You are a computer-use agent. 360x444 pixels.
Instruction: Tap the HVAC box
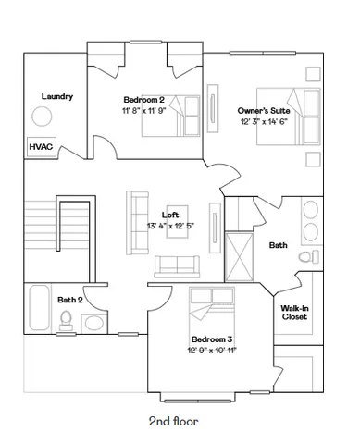click(41, 146)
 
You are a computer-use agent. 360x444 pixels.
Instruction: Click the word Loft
click(170, 215)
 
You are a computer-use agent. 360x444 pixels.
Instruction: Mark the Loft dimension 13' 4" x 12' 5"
click(170, 226)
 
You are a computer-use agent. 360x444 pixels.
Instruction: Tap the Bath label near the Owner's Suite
click(278, 245)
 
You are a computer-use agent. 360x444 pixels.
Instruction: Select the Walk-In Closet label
click(294, 313)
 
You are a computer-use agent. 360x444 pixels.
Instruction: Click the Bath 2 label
click(70, 299)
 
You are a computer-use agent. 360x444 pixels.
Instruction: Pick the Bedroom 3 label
click(212, 339)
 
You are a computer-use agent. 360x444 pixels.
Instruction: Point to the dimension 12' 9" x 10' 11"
click(212, 350)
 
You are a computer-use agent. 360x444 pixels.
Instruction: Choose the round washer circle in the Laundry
click(43, 117)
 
